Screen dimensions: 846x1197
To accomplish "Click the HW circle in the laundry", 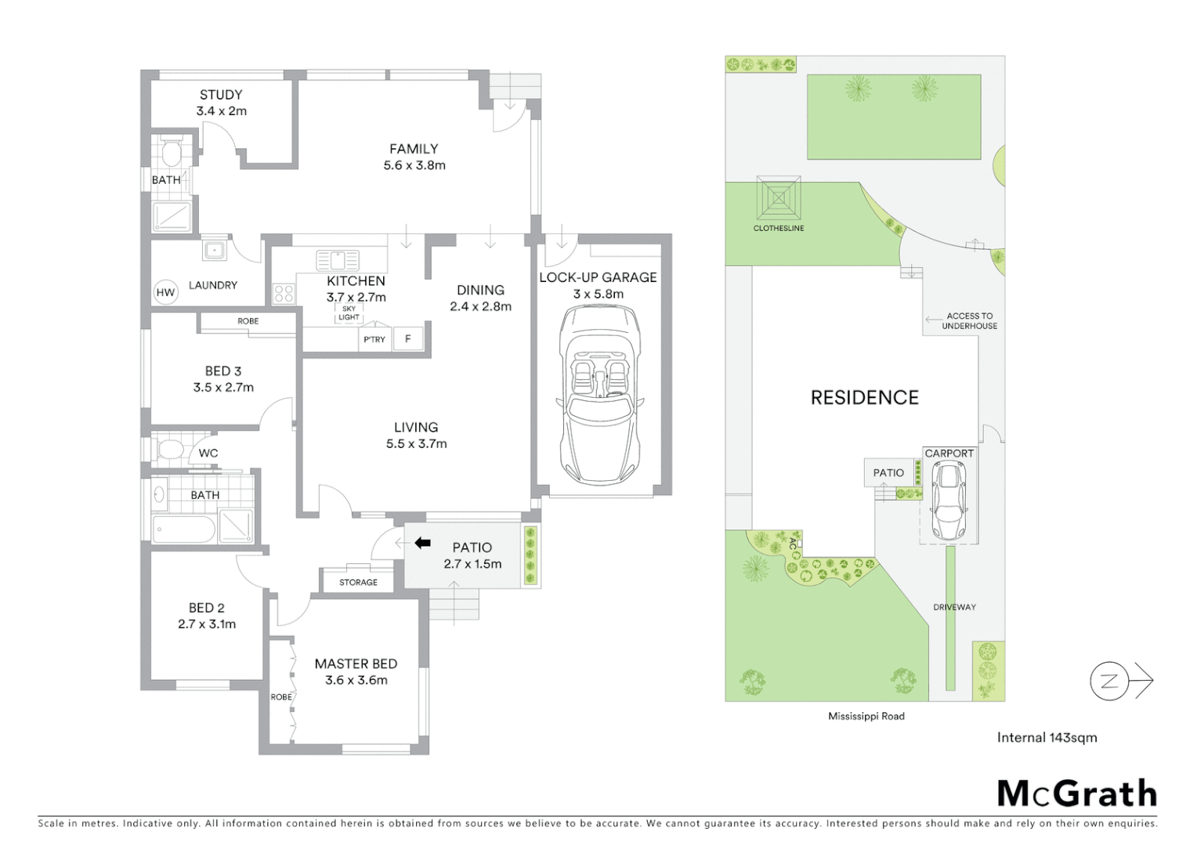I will [165, 292].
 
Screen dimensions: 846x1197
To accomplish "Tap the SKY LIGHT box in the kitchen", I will [349, 313].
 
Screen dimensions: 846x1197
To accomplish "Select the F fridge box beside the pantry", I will [407, 338].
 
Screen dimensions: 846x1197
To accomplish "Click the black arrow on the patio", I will [422, 543].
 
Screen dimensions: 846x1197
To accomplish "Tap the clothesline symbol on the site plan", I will [779, 198].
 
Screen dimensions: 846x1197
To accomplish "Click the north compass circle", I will [1109, 681].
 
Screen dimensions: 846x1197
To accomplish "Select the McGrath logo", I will [1076, 794].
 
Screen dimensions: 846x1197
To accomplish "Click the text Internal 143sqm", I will [1047, 737].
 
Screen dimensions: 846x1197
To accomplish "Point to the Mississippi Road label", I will [866, 716].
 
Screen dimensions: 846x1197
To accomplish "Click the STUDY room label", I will [221, 95].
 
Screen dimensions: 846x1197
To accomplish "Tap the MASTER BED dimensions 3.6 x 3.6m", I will [356, 680].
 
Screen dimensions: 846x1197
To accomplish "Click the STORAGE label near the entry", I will [358, 582].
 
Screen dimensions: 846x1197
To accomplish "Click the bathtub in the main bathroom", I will [184, 530].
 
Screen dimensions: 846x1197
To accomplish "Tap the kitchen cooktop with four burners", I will [283, 294].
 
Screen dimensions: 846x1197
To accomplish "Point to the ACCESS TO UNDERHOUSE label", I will [969, 320].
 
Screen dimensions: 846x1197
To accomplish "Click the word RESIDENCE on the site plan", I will [864, 398].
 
